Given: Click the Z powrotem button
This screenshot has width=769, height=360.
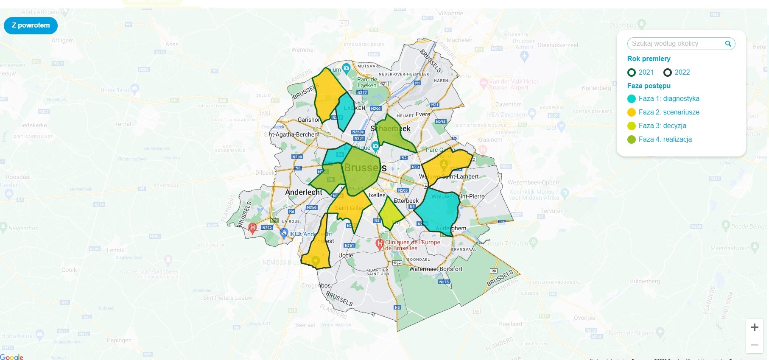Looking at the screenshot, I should click(x=31, y=25).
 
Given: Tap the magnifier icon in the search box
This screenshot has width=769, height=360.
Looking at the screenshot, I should click(x=728, y=44).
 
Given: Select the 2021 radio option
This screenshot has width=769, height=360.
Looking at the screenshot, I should click(x=632, y=73).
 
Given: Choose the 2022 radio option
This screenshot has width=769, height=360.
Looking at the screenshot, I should click(x=668, y=73).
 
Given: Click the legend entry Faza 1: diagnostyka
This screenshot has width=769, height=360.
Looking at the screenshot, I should click(x=668, y=99).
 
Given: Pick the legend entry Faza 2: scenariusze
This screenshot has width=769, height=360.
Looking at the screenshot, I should click(x=668, y=112).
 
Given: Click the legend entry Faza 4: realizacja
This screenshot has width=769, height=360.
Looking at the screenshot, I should click(x=665, y=140).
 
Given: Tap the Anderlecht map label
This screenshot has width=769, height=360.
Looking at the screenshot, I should click(x=304, y=192).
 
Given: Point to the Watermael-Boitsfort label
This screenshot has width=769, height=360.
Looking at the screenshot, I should click(x=436, y=269).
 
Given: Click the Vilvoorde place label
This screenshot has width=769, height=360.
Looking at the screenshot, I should click(x=450, y=13).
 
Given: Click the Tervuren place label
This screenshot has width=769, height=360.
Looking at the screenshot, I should click(x=552, y=211).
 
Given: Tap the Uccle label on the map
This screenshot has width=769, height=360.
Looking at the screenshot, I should click(x=346, y=255).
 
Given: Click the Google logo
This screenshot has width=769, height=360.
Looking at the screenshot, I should click(x=12, y=357).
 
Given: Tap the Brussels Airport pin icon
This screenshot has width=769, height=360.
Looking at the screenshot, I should click(x=524, y=57).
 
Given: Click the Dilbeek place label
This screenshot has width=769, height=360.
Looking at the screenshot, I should click(x=264, y=173).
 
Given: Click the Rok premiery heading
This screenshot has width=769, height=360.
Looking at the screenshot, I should click(x=649, y=59).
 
